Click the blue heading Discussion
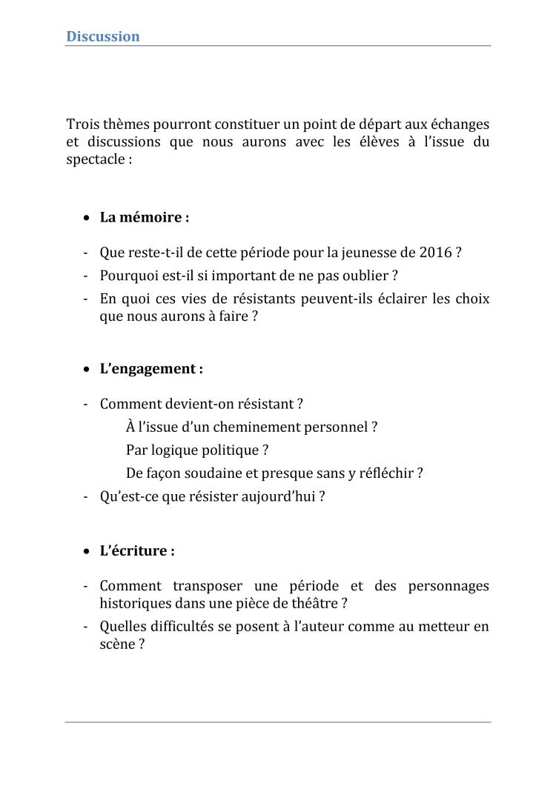click(103, 36)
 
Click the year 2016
click(435, 253)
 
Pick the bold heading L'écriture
click(137, 551)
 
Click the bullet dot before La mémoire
click(87, 219)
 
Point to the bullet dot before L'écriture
click(87, 552)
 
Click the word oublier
click(364, 276)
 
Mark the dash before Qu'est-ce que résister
click(86, 496)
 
